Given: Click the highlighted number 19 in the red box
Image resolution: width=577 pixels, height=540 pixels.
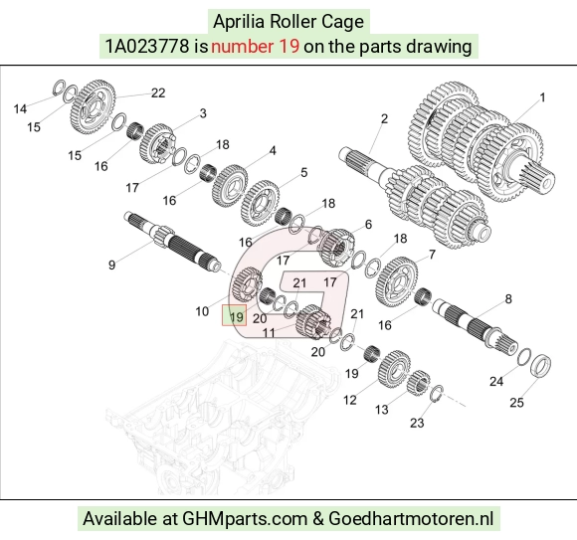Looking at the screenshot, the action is tap(236, 316).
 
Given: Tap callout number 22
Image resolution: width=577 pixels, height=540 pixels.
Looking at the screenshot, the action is tap(158, 92).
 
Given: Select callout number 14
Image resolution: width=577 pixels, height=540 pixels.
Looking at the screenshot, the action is tap(20, 108).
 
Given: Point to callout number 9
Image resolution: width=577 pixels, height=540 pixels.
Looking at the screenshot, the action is tap(111, 265).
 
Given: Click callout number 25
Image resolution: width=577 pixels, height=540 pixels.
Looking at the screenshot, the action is tap(516, 403).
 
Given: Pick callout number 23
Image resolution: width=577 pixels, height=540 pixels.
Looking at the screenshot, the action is tap(417, 423).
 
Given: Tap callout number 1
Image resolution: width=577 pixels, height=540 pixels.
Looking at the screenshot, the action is tap(542, 97).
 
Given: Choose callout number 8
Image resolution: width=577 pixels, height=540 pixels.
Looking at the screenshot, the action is tap(508, 298).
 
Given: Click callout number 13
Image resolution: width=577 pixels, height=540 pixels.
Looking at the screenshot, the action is tap(382, 409).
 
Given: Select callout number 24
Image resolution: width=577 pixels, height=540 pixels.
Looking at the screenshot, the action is tap(496, 382).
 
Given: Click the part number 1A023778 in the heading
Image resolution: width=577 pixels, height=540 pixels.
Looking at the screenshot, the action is tap(147, 47).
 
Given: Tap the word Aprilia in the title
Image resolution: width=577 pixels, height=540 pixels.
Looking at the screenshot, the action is tap(239, 21).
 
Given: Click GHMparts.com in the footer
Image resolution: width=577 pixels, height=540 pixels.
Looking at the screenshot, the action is tap(245, 519).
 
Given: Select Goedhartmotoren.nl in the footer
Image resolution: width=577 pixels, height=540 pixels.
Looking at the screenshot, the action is tap(411, 519).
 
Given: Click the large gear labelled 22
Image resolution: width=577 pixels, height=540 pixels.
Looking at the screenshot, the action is tap(93, 106).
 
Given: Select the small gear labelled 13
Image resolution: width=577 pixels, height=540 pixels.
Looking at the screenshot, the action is tap(419, 382).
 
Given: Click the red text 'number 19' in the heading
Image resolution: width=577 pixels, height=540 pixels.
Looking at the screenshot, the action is tap(256, 47).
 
